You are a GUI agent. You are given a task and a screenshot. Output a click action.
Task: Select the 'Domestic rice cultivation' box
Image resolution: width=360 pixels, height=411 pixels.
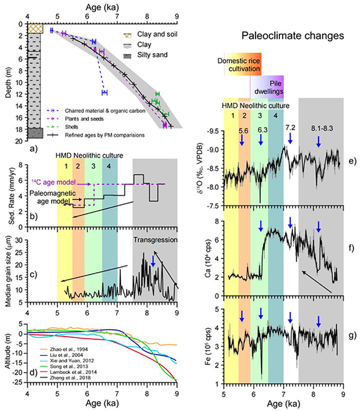click(243, 62)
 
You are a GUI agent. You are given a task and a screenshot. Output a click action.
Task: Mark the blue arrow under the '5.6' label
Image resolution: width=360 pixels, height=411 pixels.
click(242, 140)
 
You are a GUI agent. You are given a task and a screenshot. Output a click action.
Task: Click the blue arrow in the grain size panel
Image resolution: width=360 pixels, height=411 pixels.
click(153, 262)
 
